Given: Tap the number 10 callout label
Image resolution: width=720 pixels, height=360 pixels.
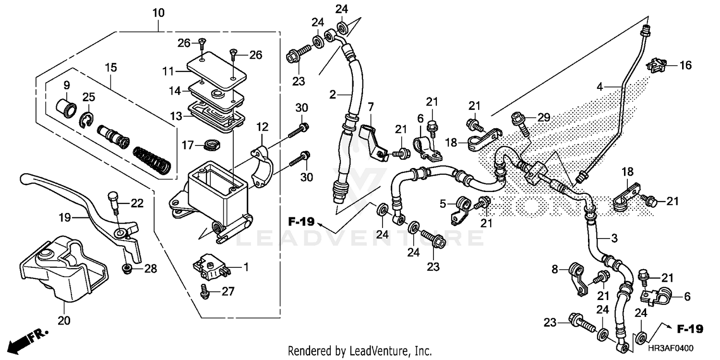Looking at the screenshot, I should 158,13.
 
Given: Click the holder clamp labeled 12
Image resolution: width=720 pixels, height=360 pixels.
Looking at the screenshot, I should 262,166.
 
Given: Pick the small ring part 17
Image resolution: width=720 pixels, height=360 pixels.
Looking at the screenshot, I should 210,143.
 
